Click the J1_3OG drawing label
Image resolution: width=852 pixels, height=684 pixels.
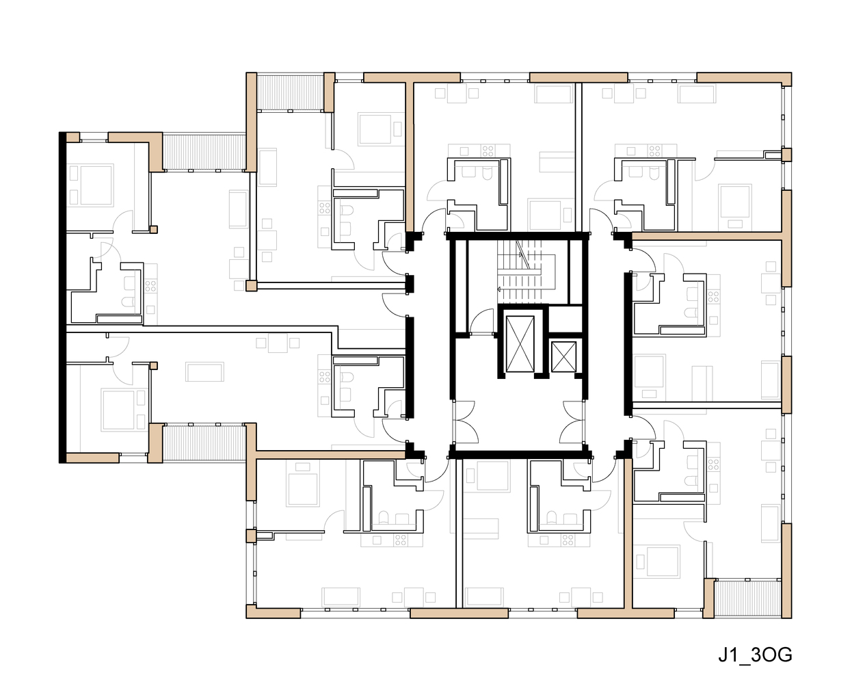point(755,655)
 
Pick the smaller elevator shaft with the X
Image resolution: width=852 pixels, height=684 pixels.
point(563,356)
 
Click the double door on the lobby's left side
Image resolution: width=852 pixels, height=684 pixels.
point(465,421)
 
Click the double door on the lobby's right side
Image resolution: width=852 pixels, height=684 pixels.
point(573,421)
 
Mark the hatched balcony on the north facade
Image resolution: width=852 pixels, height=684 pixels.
point(289,92)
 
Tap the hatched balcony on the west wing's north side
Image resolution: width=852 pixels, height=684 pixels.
point(204,152)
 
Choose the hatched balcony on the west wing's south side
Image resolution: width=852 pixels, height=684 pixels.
point(204,442)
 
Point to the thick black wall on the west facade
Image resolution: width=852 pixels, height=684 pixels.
point(62,298)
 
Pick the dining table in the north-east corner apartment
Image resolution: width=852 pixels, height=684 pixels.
point(623,93)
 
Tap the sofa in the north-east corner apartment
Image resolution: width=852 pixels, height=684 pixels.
point(697,94)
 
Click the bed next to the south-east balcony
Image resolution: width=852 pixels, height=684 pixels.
point(662,562)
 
